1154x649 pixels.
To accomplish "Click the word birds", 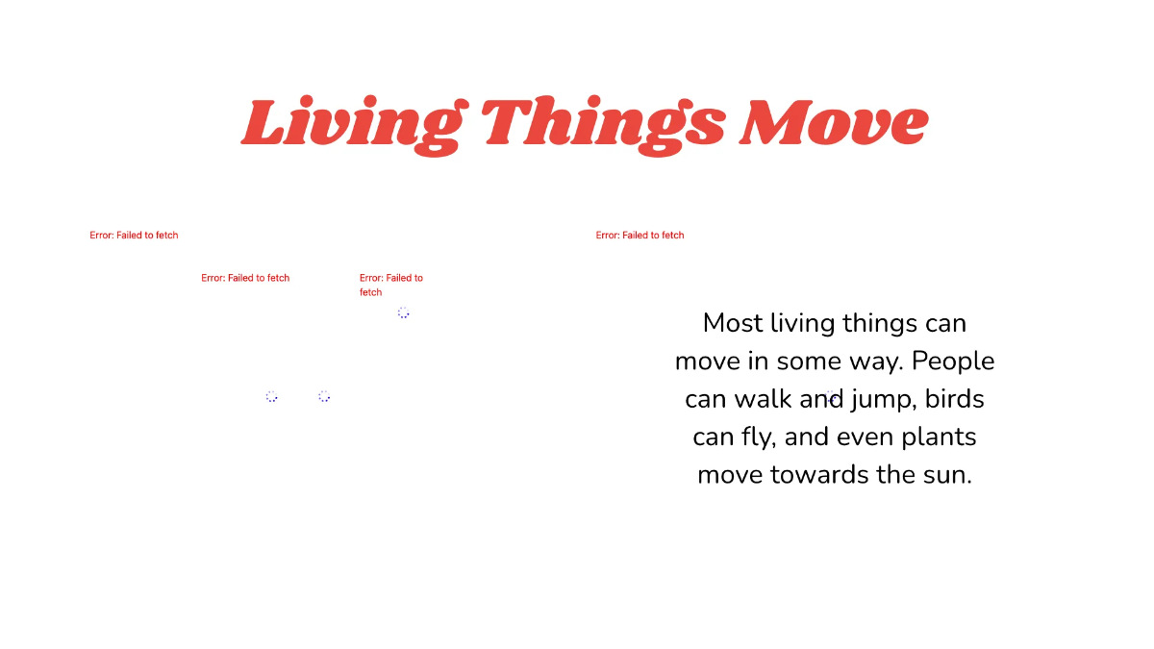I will [x=955, y=399].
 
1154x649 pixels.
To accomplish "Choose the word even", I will [x=865, y=437].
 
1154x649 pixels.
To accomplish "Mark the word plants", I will [x=939, y=438].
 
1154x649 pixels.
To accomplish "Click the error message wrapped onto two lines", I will [x=390, y=285].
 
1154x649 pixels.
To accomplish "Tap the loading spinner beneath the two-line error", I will [x=403, y=312].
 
